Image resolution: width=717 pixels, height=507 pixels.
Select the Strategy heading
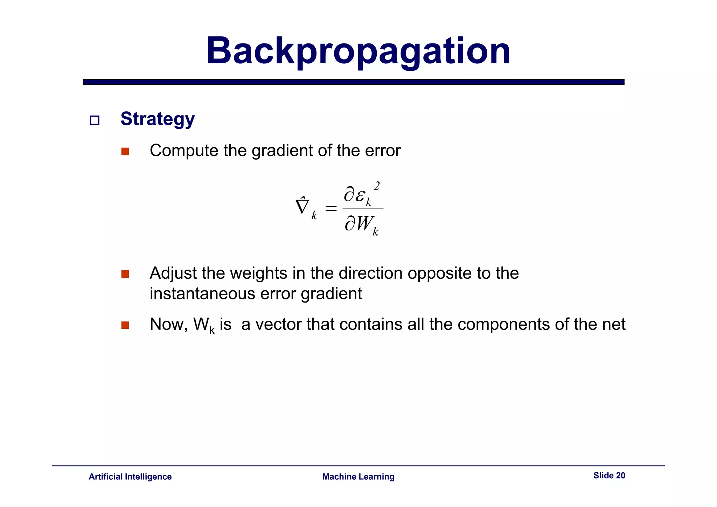coord(158,119)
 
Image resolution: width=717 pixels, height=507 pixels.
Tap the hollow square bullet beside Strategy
coord(95,120)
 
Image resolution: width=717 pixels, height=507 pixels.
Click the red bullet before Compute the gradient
coord(125,152)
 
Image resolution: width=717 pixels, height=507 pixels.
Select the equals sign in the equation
coord(331,209)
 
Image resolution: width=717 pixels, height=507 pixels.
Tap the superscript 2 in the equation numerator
coord(377,186)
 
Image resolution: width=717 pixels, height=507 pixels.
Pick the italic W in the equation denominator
coord(364,223)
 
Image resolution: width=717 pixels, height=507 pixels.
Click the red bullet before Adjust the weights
coord(125,274)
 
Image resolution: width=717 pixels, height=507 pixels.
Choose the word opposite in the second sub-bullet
coord(439,273)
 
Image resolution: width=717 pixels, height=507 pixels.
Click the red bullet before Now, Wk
coord(125,325)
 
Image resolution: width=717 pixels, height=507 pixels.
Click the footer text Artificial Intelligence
coord(130,477)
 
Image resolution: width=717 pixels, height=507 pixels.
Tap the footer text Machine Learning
coord(358,477)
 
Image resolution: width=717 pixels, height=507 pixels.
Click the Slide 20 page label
coord(609,475)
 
